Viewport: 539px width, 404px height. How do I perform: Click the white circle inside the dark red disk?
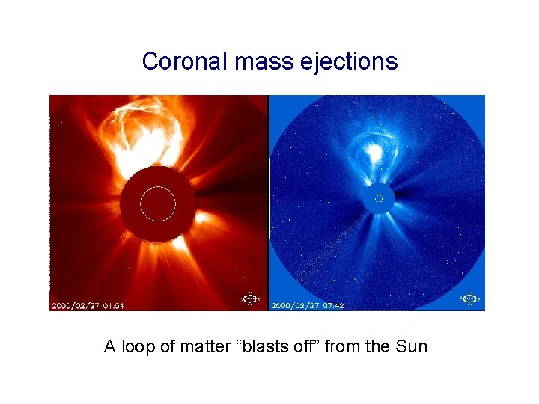[158, 203]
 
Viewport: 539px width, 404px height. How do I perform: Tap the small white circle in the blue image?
[378, 198]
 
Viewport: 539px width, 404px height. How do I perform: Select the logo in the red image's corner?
[249, 299]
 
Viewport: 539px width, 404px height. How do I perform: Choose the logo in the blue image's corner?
[469, 299]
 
